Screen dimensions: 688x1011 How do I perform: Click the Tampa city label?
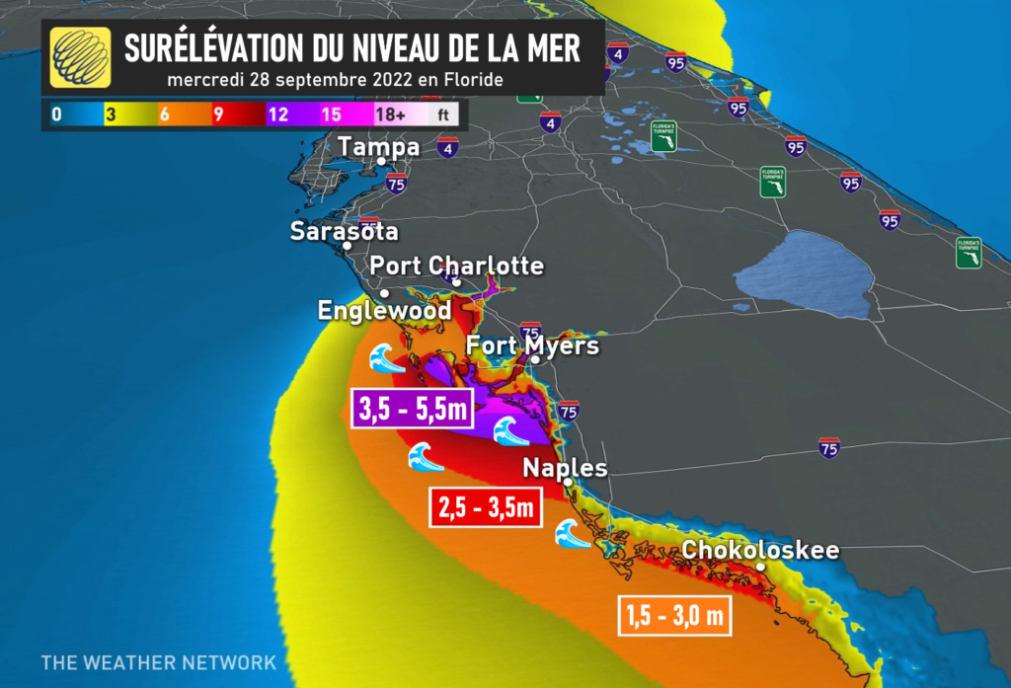pyautogui.click(x=378, y=147)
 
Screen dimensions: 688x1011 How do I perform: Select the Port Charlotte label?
pyautogui.click(x=456, y=266)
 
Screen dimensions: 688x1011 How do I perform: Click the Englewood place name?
pyautogui.click(x=384, y=311)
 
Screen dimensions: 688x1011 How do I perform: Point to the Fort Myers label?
pyautogui.click(x=532, y=346)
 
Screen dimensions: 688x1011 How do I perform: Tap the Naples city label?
pyautogui.click(x=565, y=468)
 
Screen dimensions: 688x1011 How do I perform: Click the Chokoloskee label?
pyautogui.click(x=760, y=550)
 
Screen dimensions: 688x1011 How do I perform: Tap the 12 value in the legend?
pyautogui.click(x=277, y=115)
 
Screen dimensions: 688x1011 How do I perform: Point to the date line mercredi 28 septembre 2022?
pyautogui.click(x=336, y=79)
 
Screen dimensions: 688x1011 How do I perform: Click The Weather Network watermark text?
pyautogui.click(x=158, y=662)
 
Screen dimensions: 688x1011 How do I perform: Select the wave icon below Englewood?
pyautogui.click(x=386, y=358)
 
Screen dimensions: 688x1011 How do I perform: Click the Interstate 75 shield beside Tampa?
pyautogui.click(x=397, y=183)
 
